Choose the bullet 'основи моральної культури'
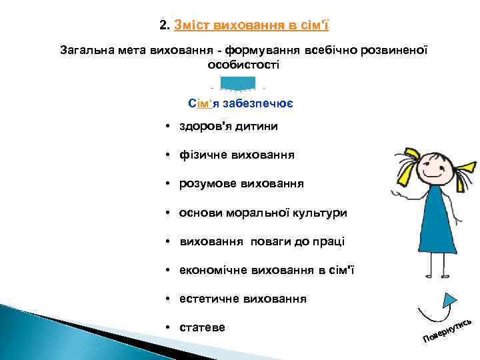point(263,213)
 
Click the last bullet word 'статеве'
point(203,327)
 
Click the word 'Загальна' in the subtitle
point(84,50)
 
